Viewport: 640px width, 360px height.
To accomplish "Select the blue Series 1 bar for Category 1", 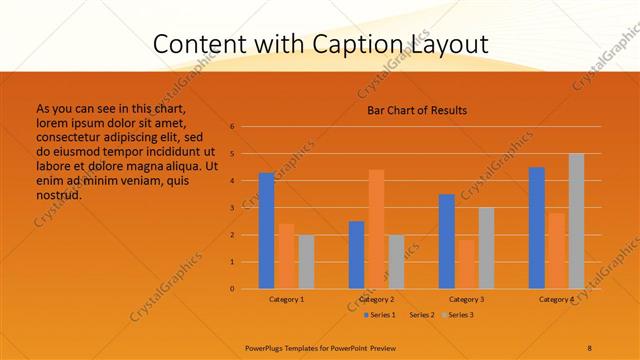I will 266,231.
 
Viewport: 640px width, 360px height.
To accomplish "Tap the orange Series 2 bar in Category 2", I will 376,229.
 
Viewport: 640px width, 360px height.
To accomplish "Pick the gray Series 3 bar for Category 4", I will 576,221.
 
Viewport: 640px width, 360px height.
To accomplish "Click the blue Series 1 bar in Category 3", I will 446,241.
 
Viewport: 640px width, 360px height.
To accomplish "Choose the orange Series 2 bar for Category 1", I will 286,256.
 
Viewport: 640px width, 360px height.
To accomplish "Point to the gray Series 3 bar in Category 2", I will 396,262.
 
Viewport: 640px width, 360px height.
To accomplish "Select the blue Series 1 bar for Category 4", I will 537,228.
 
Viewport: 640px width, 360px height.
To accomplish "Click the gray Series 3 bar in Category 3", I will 486,248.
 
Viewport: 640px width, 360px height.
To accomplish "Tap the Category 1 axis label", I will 287,299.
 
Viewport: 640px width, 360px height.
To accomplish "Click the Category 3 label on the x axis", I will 466,299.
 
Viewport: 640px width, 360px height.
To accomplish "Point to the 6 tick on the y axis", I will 232,127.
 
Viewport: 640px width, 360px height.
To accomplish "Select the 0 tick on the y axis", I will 232,289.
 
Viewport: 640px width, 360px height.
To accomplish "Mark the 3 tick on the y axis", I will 232,208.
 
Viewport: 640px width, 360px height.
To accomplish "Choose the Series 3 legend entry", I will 460,315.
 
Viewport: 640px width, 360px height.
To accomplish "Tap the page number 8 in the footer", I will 590,347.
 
